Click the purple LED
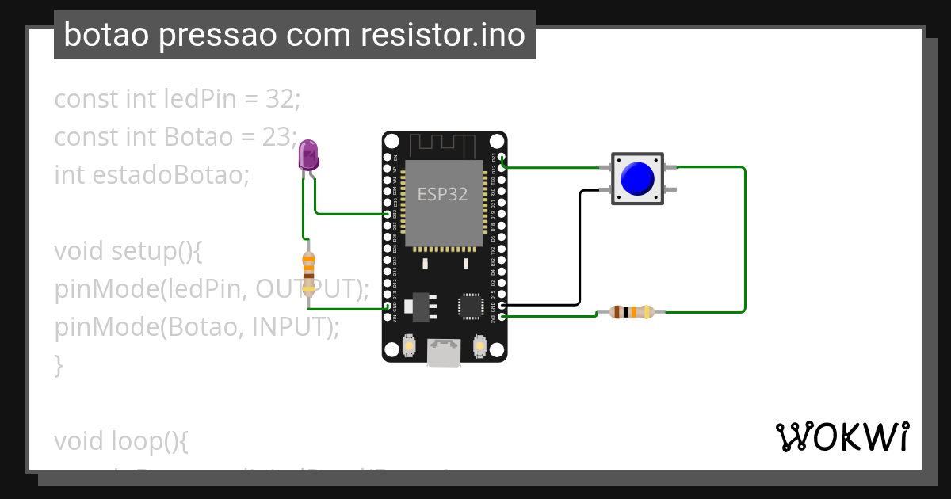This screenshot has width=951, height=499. coord(308,154)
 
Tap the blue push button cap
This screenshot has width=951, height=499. coord(636,178)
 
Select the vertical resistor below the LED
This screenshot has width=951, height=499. coord(308,270)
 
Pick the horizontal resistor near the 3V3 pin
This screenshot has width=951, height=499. coord(632,312)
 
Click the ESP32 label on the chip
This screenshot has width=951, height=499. coord(442,194)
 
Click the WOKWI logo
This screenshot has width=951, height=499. coord(842,436)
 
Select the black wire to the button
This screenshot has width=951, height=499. coord(579,246)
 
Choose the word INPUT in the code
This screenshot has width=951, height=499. coord(288,326)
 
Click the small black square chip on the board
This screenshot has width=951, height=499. coord(470,306)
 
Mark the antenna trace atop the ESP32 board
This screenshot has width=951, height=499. coord(442,146)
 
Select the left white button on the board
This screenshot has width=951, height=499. coord(410,346)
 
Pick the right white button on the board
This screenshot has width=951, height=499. coord(479,346)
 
